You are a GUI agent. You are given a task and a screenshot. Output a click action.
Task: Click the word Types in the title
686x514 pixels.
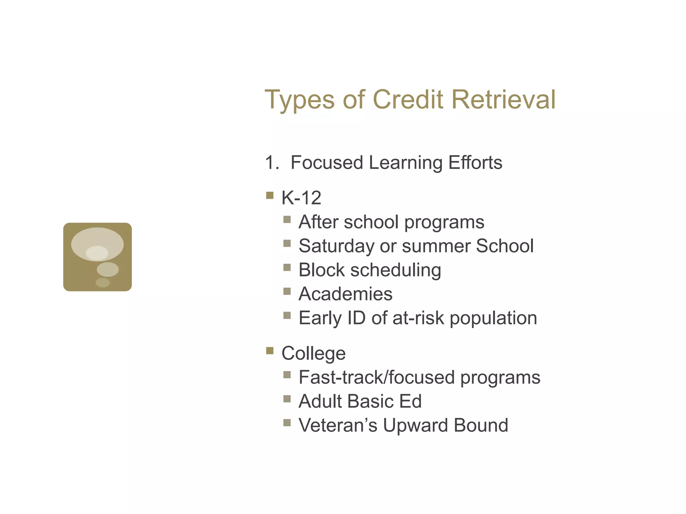coord(299,100)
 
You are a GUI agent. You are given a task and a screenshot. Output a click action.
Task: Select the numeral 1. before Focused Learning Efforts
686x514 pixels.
coord(272,163)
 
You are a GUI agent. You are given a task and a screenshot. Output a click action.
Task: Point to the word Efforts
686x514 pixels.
coord(475,163)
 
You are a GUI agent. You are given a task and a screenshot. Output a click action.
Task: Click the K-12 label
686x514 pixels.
coord(301,198)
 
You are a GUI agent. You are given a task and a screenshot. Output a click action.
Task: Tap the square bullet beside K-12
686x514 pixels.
coord(270,195)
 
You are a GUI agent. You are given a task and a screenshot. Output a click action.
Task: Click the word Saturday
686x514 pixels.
coord(336,246)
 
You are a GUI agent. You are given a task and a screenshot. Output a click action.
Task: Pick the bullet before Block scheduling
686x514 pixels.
coord(287,267)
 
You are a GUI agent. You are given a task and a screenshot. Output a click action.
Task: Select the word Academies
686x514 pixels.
coord(345,294)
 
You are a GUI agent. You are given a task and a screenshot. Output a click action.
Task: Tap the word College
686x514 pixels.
coord(314,353)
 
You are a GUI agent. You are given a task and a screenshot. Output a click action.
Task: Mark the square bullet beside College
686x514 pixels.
coord(270,351)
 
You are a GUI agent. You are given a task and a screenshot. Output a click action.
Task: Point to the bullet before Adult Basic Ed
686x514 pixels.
coord(287,399)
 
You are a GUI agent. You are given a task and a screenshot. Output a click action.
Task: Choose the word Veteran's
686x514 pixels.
coord(338,425)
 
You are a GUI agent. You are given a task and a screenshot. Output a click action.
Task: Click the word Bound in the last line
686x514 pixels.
coord(481,425)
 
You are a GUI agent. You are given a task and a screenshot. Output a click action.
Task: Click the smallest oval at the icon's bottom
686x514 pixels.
coord(103,282)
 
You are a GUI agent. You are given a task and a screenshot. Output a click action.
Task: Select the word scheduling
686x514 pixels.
coord(396,270)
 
